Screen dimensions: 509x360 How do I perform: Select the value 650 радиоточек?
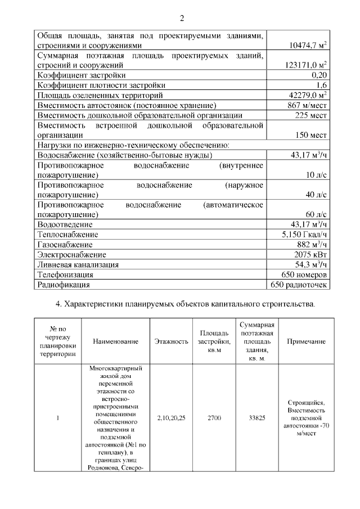point(299,285)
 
